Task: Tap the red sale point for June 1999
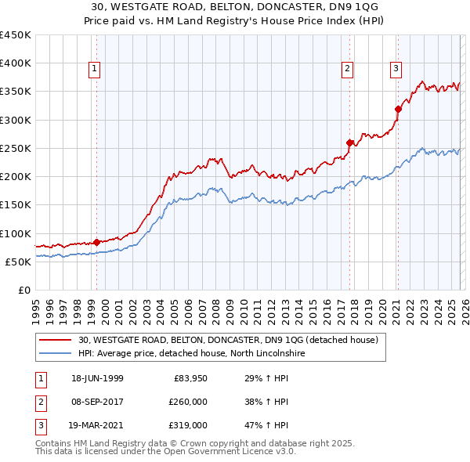click(96, 242)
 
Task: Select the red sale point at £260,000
click(349, 143)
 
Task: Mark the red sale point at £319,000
click(398, 109)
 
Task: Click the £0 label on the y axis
click(24, 291)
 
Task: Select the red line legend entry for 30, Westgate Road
click(228, 341)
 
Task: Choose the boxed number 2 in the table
click(39, 402)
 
